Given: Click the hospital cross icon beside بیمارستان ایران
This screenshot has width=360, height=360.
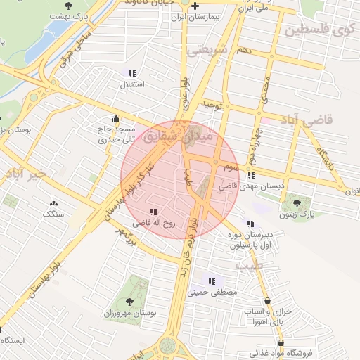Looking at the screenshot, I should (x=195, y=6).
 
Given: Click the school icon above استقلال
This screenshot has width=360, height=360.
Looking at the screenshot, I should (x=132, y=73).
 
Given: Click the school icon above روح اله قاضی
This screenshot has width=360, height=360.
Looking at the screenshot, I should (x=153, y=211).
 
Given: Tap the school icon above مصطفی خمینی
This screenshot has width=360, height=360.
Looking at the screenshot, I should (x=212, y=281).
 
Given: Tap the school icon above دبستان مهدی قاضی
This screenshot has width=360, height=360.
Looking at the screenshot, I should (x=251, y=176).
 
